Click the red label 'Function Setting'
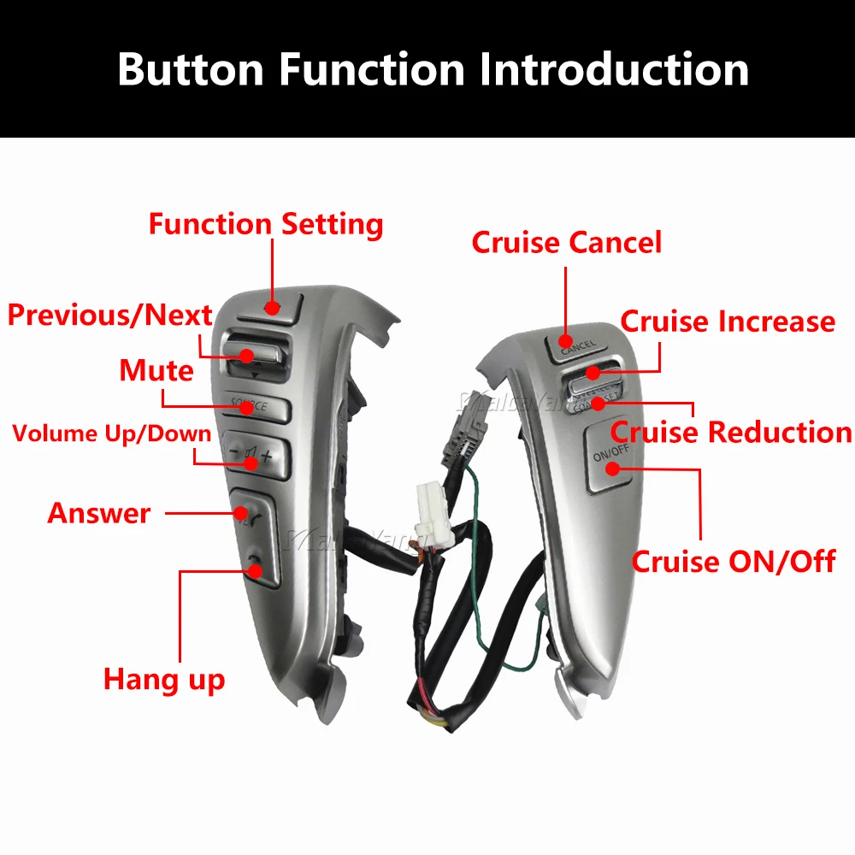click(265, 224)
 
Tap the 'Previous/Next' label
click(109, 315)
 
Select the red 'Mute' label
click(156, 371)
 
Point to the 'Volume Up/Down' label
click(111, 433)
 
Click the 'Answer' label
click(99, 513)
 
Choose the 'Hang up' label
click(164, 680)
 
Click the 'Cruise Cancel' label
click(567, 243)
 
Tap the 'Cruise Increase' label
click(728, 321)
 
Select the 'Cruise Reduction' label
click(731, 433)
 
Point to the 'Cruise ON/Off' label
click(734, 562)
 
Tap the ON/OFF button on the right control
click(608, 463)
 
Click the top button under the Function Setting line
click(272, 306)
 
